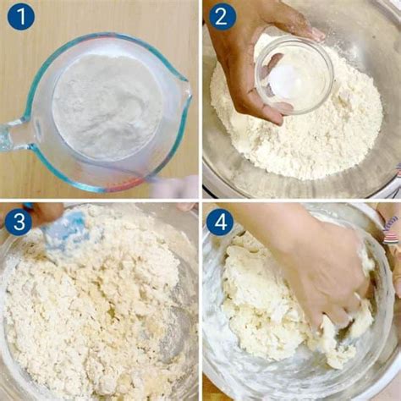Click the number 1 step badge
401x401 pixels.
[20, 16]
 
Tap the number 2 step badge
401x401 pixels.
[221, 16]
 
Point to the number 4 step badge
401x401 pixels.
[220, 222]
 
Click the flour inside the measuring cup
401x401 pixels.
[106, 106]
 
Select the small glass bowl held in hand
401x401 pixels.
[294, 74]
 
